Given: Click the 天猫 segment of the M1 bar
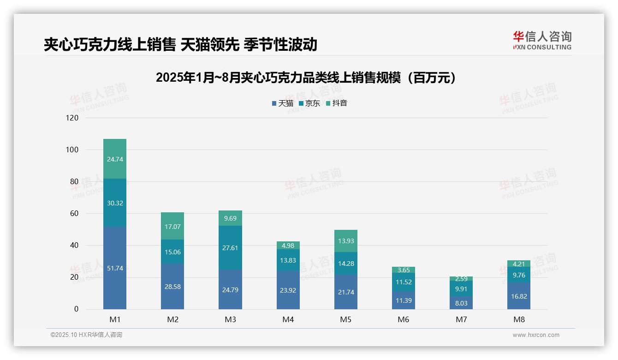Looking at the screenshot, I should pyautogui.click(x=115, y=268).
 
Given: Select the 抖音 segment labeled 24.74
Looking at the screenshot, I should pyautogui.click(x=115, y=159).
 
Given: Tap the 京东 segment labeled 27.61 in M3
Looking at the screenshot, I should pyautogui.click(x=230, y=248).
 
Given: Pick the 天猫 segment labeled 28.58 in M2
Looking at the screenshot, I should pyautogui.click(x=172, y=287).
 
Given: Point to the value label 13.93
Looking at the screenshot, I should pyautogui.click(x=346, y=241).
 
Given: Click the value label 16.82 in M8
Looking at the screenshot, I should pyautogui.click(x=519, y=296).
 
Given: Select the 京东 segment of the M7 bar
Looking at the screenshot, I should pyautogui.click(x=461, y=289).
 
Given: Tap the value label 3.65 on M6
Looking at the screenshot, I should pyautogui.click(x=404, y=270).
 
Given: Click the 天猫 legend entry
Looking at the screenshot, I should pyautogui.click(x=283, y=103).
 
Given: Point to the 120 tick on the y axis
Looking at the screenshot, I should pyautogui.click(x=72, y=118).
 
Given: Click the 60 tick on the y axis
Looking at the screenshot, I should pyautogui.click(x=74, y=213).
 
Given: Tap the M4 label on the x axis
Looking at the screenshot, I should pyautogui.click(x=288, y=319).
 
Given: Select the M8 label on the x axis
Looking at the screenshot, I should pyautogui.click(x=519, y=319).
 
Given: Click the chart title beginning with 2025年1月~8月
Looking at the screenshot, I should pyautogui.click(x=309, y=78).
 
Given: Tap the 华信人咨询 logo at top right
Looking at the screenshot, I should pyautogui.click(x=542, y=40).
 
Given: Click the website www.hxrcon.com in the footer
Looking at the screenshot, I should pyautogui.click(x=536, y=335).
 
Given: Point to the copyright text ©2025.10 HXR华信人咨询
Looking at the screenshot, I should pyautogui.click(x=86, y=335).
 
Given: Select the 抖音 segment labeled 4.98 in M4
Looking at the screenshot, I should pyautogui.click(x=288, y=245).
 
